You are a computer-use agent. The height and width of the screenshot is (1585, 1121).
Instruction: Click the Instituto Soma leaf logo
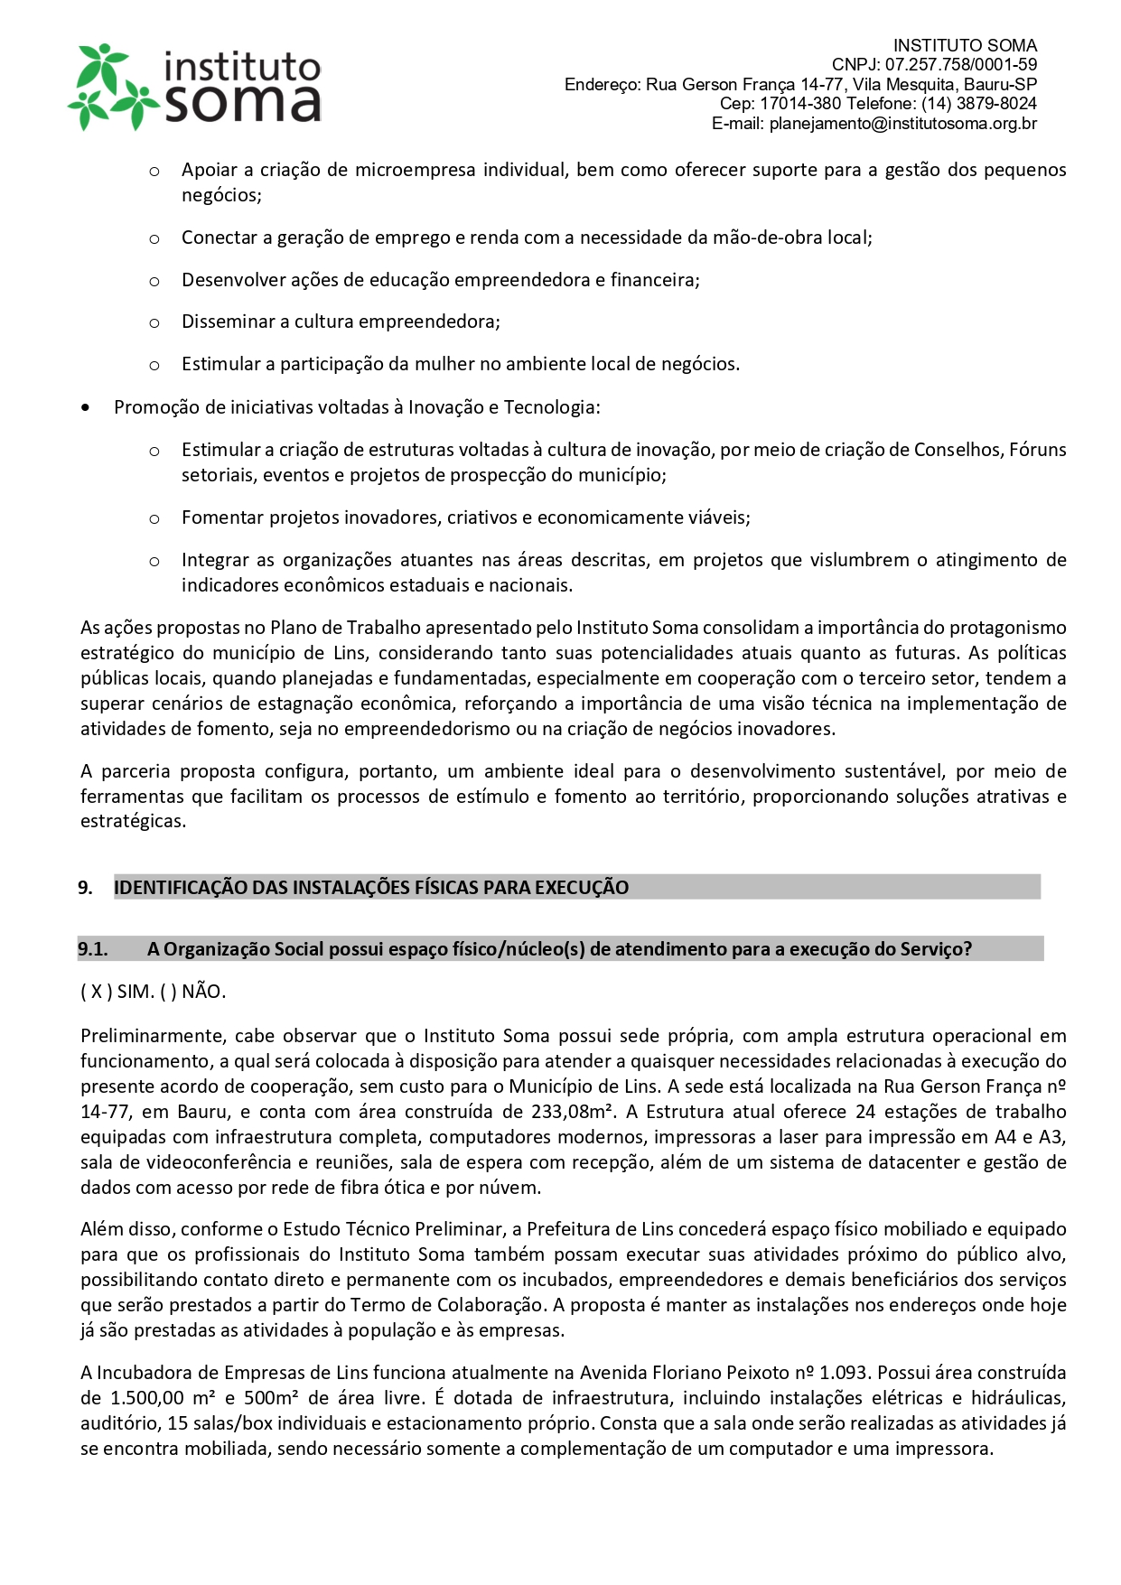pos(111,88)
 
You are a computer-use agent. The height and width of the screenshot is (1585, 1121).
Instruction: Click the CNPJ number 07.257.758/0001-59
pos(961,65)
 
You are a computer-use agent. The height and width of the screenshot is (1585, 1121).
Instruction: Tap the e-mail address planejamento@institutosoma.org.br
pos(903,124)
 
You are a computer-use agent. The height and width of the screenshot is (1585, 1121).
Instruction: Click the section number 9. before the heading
pos(86,888)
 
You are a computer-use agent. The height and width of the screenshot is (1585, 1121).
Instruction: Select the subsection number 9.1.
pos(93,949)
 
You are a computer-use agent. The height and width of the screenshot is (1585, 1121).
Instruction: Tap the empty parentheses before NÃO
pos(168,992)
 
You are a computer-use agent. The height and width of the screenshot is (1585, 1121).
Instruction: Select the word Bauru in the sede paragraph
pos(202,1112)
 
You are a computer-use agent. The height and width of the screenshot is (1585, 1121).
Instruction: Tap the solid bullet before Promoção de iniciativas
pos(86,408)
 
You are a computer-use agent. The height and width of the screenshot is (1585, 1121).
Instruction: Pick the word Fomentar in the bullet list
pos(216,517)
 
